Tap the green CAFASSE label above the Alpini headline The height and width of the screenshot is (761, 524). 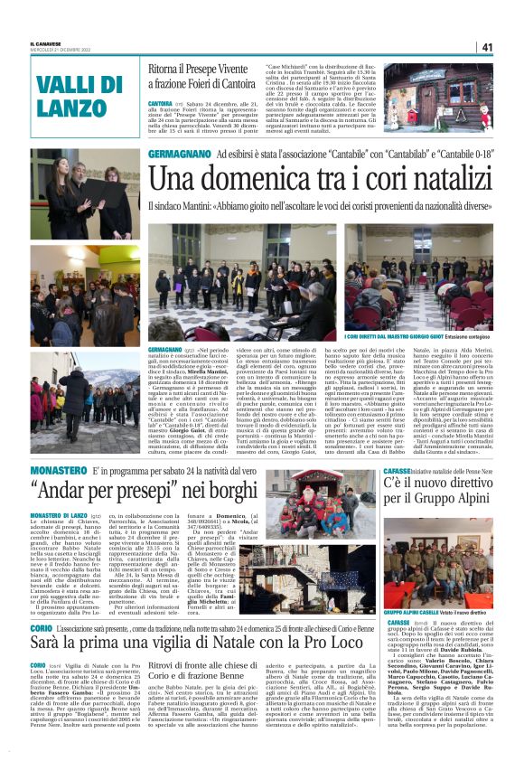point(400,471)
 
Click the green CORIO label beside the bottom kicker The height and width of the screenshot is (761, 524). point(42,600)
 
